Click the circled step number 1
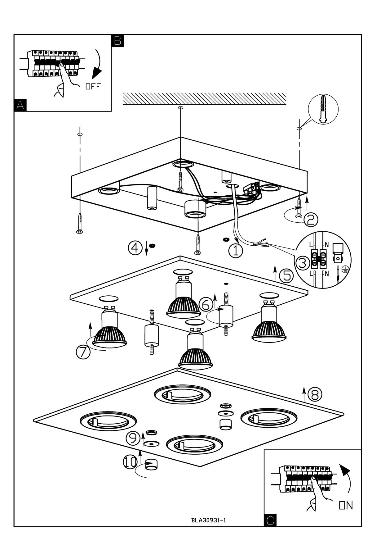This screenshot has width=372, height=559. [x=236, y=250]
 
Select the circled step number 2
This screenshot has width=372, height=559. [x=311, y=219]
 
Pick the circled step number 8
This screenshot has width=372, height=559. [x=315, y=394]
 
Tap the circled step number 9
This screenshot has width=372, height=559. [x=133, y=438]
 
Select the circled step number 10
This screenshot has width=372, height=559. [x=130, y=462]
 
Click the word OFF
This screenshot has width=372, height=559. [x=93, y=87]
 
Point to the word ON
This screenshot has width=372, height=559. [x=346, y=506]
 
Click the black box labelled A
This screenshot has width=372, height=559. [x=20, y=105]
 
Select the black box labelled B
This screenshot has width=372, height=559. [x=117, y=41]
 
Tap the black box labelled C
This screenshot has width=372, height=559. [x=270, y=520]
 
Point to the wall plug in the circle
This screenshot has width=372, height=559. [x=324, y=110]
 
